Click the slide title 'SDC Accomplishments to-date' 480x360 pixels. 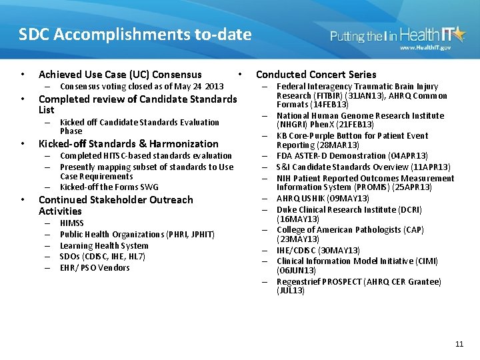(x=135, y=35)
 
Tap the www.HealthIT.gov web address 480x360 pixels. (x=425, y=48)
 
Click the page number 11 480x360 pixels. (x=459, y=344)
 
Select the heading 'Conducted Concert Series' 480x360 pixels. (x=316, y=75)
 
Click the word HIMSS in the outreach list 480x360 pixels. (x=72, y=223)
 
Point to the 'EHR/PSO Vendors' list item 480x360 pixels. (x=95, y=268)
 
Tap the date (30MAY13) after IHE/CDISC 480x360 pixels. (x=339, y=251)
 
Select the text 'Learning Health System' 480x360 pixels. (x=104, y=245)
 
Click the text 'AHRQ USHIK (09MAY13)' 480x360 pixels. (x=322, y=199)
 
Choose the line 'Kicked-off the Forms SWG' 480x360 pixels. (x=109, y=187)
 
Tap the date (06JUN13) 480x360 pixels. (x=295, y=271)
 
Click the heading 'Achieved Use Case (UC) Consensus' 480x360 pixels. (x=120, y=75)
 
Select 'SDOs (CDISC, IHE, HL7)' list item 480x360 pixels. (x=103, y=257)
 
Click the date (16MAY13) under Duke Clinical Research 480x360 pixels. (x=297, y=219)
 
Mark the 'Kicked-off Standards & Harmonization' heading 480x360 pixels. (x=129, y=144)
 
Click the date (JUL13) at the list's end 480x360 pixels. (x=291, y=291)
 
